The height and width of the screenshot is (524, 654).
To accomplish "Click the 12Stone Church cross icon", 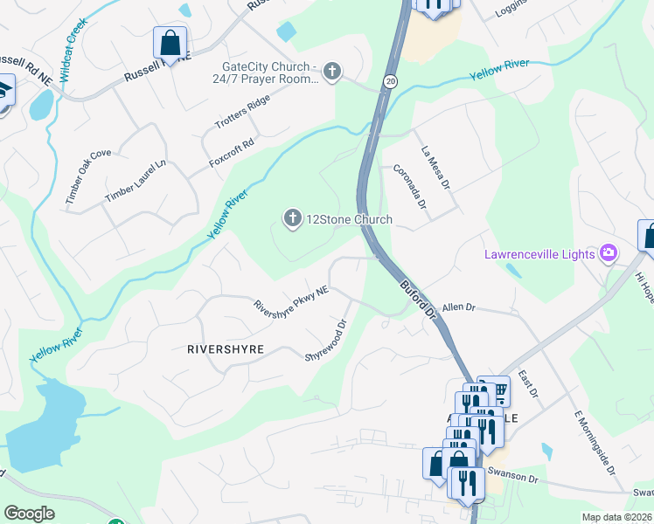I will pyautogui.click(x=292, y=217).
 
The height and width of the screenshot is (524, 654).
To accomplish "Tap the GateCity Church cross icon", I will pyautogui.click(x=331, y=71).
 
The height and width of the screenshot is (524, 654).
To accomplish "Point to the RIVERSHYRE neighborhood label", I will pyautogui.click(x=226, y=348).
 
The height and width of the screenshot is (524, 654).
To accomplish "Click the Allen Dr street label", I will pyautogui.click(x=458, y=307).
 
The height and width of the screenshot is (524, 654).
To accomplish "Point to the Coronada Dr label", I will pyautogui.click(x=409, y=187).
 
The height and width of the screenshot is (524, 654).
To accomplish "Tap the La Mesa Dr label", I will pyautogui.click(x=434, y=168).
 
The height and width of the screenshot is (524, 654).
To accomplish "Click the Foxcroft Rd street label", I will pyautogui.click(x=232, y=153).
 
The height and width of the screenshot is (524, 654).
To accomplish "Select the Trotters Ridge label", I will pyautogui.click(x=238, y=111).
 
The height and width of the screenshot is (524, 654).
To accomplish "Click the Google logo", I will pyautogui.click(x=30, y=514).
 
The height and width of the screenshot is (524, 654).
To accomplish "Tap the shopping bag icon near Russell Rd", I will pyautogui.click(x=170, y=42).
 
